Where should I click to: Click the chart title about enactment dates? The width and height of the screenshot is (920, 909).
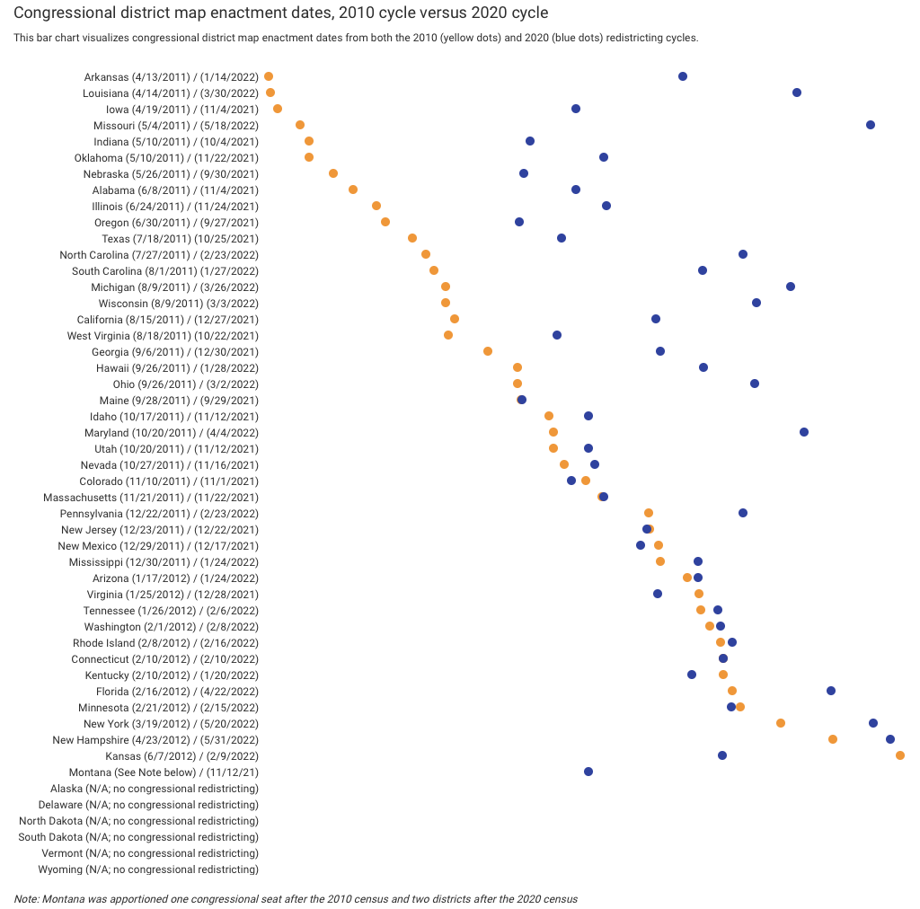(x=281, y=13)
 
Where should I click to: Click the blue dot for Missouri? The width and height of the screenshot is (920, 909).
(x=871, y=125)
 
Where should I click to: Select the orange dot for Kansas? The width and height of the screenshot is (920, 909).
(x=900, y=755)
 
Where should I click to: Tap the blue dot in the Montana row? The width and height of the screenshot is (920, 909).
(x=588, y=772)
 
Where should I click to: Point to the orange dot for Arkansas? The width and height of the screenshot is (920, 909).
(x=269, y=76)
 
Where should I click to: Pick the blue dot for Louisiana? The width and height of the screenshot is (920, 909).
(x=797, y=93)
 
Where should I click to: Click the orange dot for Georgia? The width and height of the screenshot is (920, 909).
(x=488, y=351)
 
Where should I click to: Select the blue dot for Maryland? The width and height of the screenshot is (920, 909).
(x=804, y=432)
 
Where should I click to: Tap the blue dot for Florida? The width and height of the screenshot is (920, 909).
(x=831, y=691)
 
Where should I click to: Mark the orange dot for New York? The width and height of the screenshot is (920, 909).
(x=781, y=723)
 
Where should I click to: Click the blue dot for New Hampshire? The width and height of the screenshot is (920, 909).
(x=890, y=739)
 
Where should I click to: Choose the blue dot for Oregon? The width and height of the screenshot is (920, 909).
(x=519, y=222)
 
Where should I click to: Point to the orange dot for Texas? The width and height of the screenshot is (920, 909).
(x=412, y=238)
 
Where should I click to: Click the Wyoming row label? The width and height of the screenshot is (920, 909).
(x=148, y=869)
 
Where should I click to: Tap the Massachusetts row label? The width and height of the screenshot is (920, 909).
(x=151, y=497)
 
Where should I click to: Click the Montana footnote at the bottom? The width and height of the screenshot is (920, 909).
(x=296, y=898)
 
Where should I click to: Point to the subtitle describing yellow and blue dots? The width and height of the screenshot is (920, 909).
(x=356, y=38)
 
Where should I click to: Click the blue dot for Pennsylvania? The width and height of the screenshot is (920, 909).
(x=743, y=513)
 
